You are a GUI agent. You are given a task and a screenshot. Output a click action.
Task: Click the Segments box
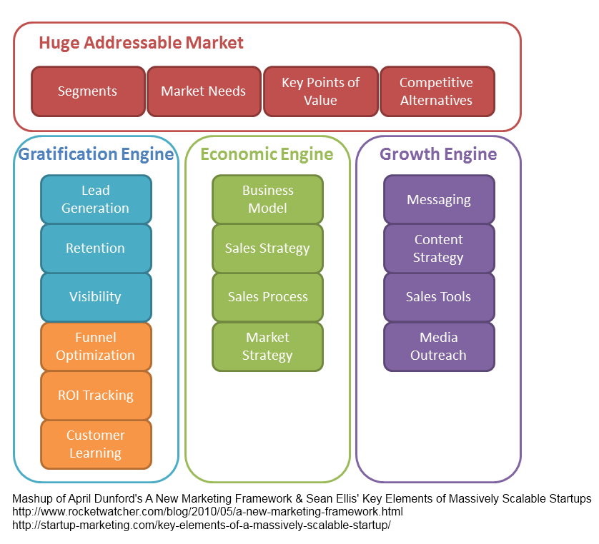coord(88,91)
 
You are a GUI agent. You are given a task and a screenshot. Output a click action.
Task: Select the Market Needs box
coord(204,91)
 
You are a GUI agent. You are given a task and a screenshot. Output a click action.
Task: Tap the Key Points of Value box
coord(320,91)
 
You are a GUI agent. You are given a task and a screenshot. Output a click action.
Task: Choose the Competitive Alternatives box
coord(436,91)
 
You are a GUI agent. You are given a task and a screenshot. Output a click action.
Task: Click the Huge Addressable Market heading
coord(141,43)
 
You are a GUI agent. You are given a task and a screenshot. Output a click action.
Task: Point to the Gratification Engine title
coord(96,154)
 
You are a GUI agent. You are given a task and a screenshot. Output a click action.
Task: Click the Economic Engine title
coord(267,154)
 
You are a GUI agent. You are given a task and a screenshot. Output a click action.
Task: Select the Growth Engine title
coord(438,154)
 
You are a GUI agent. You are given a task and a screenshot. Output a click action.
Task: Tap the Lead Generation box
coord(96,199)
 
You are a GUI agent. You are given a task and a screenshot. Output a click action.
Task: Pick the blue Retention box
coord(96,248)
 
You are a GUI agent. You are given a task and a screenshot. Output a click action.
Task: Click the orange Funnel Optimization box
coord(96,346)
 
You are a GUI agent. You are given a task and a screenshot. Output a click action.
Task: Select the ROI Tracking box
coord(96,395)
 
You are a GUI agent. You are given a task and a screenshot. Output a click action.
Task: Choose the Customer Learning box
coord(96,444)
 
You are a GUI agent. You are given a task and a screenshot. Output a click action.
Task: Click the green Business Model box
coord(267,199)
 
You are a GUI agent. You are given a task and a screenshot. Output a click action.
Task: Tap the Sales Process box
coord(267,297)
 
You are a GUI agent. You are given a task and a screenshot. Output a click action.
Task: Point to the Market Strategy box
coord(267,346)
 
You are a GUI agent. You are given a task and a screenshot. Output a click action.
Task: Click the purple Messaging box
coord(439,199)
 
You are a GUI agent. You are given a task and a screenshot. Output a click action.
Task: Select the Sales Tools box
coord(439,297)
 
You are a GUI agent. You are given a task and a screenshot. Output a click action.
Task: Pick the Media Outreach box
coord(439,346)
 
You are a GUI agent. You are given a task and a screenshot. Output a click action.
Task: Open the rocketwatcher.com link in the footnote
coord(207,512)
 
